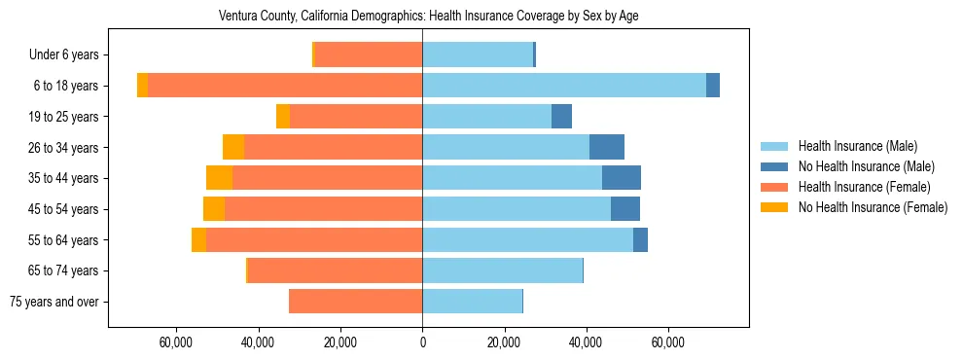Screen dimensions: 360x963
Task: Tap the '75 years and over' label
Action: tap(54, 302)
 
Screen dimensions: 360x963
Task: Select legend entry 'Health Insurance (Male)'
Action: tap(856, 146)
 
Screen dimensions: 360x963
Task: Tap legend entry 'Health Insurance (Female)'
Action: tap(864, 187)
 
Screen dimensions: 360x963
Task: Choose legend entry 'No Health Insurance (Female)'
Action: tap(873, 207)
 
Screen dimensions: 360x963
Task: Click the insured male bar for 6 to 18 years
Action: tap(564, 86)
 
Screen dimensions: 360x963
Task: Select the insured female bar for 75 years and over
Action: tap(355, 302)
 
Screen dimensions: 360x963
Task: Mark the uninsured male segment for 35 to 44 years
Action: tap(622, 178)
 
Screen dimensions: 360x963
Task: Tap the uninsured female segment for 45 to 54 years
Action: tap(214, 209)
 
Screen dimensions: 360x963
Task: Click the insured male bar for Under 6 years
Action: tap(478, 55)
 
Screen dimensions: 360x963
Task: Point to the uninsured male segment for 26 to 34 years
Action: tap(607, 147)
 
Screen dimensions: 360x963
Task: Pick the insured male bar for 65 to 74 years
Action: tap(502, 270)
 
